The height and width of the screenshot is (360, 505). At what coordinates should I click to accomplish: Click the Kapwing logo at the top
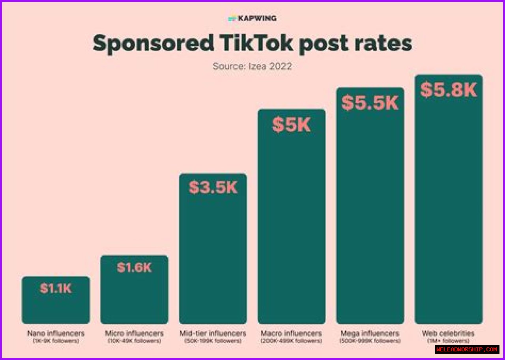pyautogui.click(x=252, y=18)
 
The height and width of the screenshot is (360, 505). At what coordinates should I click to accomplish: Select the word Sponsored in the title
pyautogui.click(x=153, y=43)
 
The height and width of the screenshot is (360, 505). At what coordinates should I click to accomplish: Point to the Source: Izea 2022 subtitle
pyautogui.click(x=252, y=66)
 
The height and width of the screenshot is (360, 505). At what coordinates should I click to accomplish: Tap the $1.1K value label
pyautogui.click(x=56, y=288)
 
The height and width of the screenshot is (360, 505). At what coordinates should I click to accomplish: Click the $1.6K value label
pyautogui.click(x=134, y=267)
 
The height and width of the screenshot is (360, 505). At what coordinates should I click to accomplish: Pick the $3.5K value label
pyautogui.click(x=213, y=187)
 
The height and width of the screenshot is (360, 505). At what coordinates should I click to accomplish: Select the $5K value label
pyautogui.click(x=292, y=125)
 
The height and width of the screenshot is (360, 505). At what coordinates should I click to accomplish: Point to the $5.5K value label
pyautogui.click(x=370, y=103)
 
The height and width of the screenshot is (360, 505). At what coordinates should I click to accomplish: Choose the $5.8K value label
pyautogui.click(x=449, y=90)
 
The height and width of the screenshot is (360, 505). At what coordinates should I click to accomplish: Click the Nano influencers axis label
pyautogui.click(x=56, y=334)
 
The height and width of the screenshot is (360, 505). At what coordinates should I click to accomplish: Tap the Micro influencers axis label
pyautogui.click(x=134, y=334)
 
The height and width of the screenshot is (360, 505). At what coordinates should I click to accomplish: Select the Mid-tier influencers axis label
pyautogui.click(x=213, y=334)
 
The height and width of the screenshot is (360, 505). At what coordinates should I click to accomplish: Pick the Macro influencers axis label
pyautogui.click(x=292, y=334)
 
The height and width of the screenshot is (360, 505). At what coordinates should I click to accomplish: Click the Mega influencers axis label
pyautogui.click(x=370, y=334)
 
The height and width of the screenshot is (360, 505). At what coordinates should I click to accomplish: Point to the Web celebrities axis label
pyautogui.click(x=448, y=334)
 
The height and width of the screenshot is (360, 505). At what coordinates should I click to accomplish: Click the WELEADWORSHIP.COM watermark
pyautogui.click(x=467, y=349)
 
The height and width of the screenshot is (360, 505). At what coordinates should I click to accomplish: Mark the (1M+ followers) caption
pyautogui.click(x=448, y=341)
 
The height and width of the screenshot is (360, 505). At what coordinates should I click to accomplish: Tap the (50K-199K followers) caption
pyautogui.click(x=213, y=341)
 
